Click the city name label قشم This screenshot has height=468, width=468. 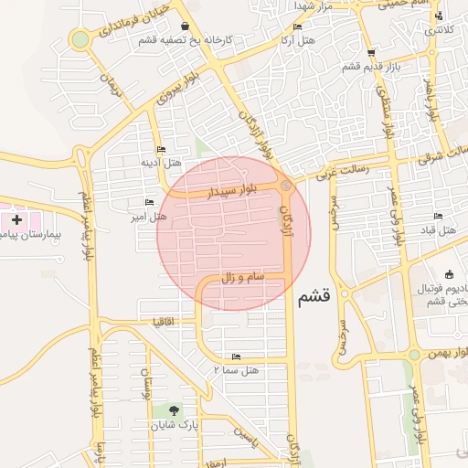[x=314, y=296]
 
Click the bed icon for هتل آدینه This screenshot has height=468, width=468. [x=162, y=149]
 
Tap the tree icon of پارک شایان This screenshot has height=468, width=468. [x=170, y=410]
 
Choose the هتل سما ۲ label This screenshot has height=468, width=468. [x=237, y=369]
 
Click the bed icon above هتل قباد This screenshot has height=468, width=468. [x=438, y=216]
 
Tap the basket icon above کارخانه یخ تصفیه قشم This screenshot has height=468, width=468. [x=186, y=27]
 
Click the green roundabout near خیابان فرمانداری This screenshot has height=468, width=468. [x=81, y=39]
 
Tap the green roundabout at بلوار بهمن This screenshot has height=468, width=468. [x=414, y=355]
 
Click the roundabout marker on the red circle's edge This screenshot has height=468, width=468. [x=286, y=186]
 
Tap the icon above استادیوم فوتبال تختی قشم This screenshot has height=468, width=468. [x=449, y=273]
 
